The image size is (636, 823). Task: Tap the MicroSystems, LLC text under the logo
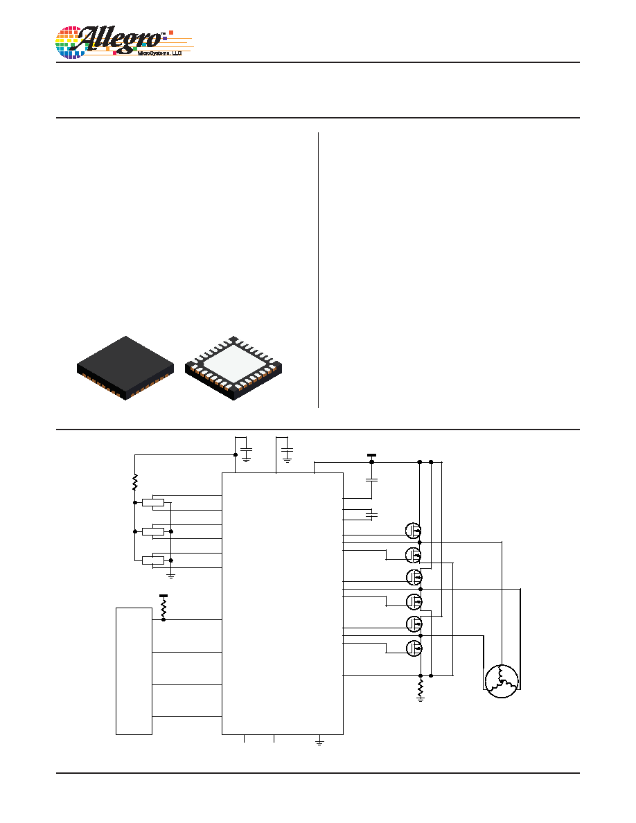159,53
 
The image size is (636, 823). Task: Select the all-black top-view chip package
125,368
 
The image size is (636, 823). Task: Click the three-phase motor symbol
502,681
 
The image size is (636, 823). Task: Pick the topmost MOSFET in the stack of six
414,530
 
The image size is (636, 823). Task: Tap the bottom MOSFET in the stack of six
414,648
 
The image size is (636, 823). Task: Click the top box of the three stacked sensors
152,503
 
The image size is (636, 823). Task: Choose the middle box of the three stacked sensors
152,532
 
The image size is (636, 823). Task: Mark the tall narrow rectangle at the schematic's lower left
134,671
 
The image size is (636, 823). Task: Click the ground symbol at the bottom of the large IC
319,742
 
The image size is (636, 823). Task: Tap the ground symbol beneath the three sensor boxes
170,576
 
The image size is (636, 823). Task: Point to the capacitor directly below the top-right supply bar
371,479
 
